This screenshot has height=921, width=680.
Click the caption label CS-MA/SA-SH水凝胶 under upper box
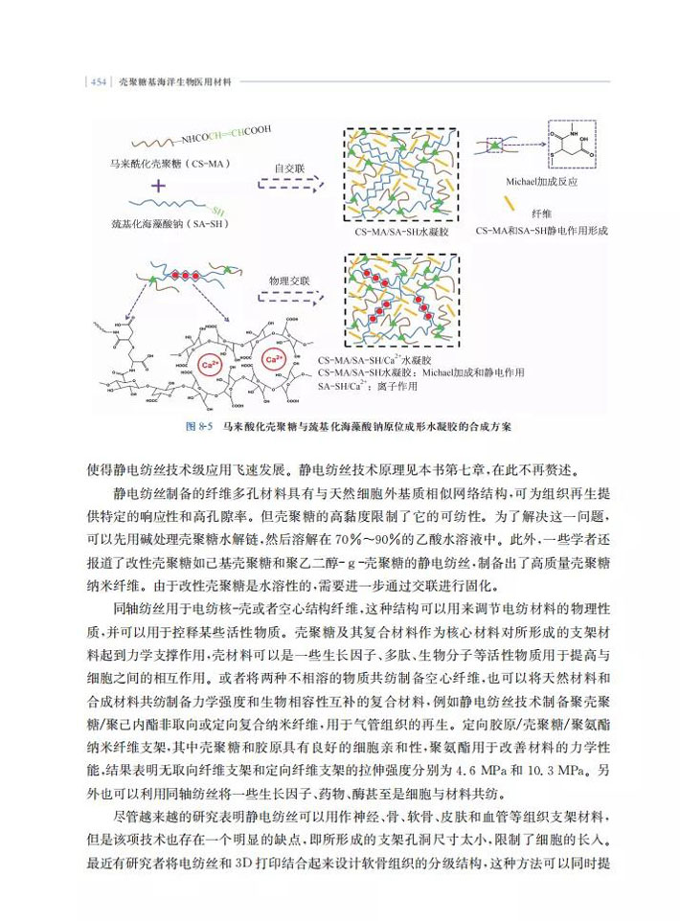(401, 233)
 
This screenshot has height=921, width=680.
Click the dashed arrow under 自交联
(291, 184)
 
